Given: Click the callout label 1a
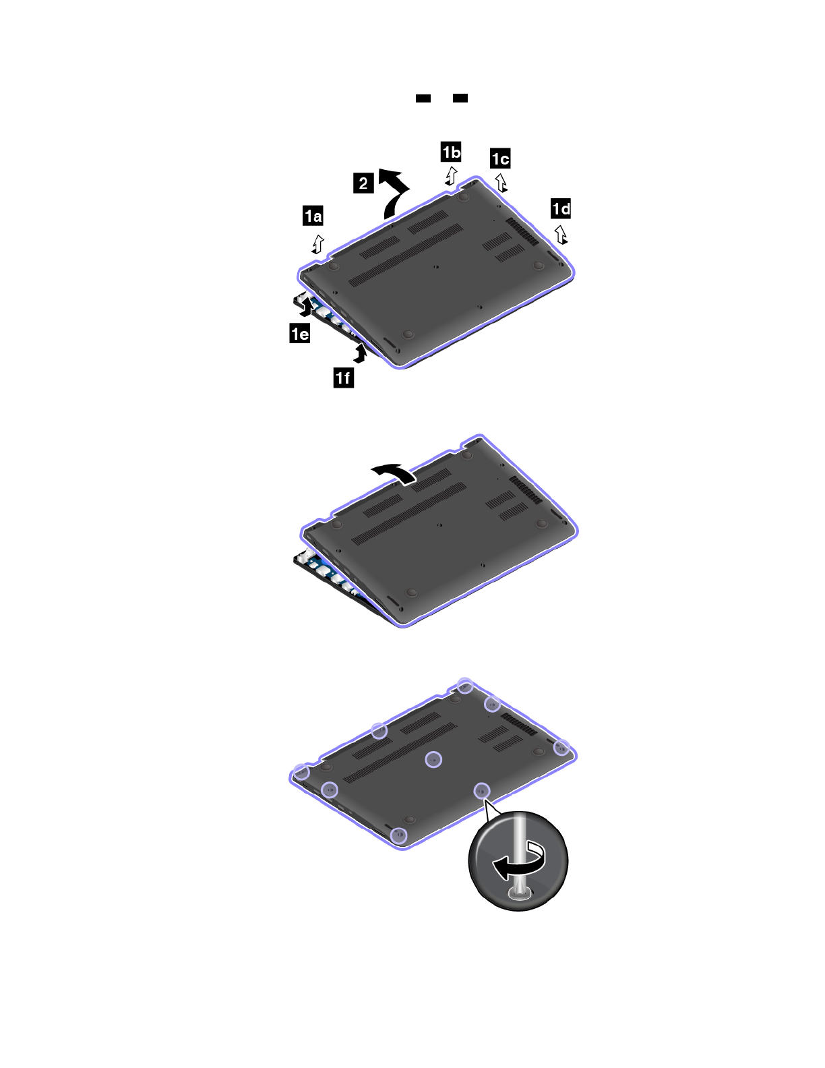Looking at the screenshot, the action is coord(313,216).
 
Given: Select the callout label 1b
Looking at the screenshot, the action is coord(451,152).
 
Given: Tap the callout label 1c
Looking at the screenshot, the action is coord(500,158).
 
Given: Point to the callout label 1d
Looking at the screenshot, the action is coord(561,209).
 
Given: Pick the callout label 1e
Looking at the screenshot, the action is coord(300,334).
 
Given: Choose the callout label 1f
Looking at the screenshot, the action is coord(344,378).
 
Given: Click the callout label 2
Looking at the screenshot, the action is coord(363,183).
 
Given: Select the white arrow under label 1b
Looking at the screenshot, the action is coord(451,176).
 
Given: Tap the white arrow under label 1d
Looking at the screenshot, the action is coord(561,235).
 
